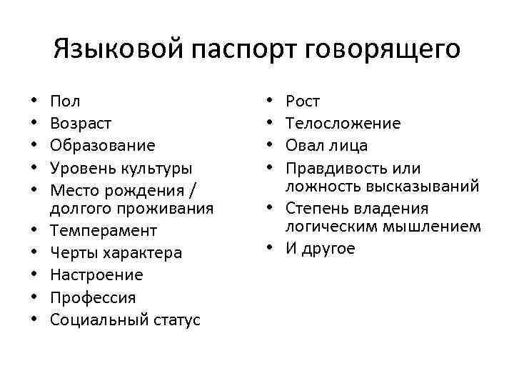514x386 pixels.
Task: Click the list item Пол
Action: click(65, 102)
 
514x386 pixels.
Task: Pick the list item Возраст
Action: click(81, 124)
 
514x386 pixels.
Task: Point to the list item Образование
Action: click(102, 146)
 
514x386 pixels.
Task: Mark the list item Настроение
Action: click(96, 275)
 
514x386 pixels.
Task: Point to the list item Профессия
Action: click(92, 297)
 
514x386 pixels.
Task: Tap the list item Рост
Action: click(303, 102)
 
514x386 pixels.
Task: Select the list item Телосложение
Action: click(343, 124)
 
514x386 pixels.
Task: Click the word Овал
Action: click(304, 146)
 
